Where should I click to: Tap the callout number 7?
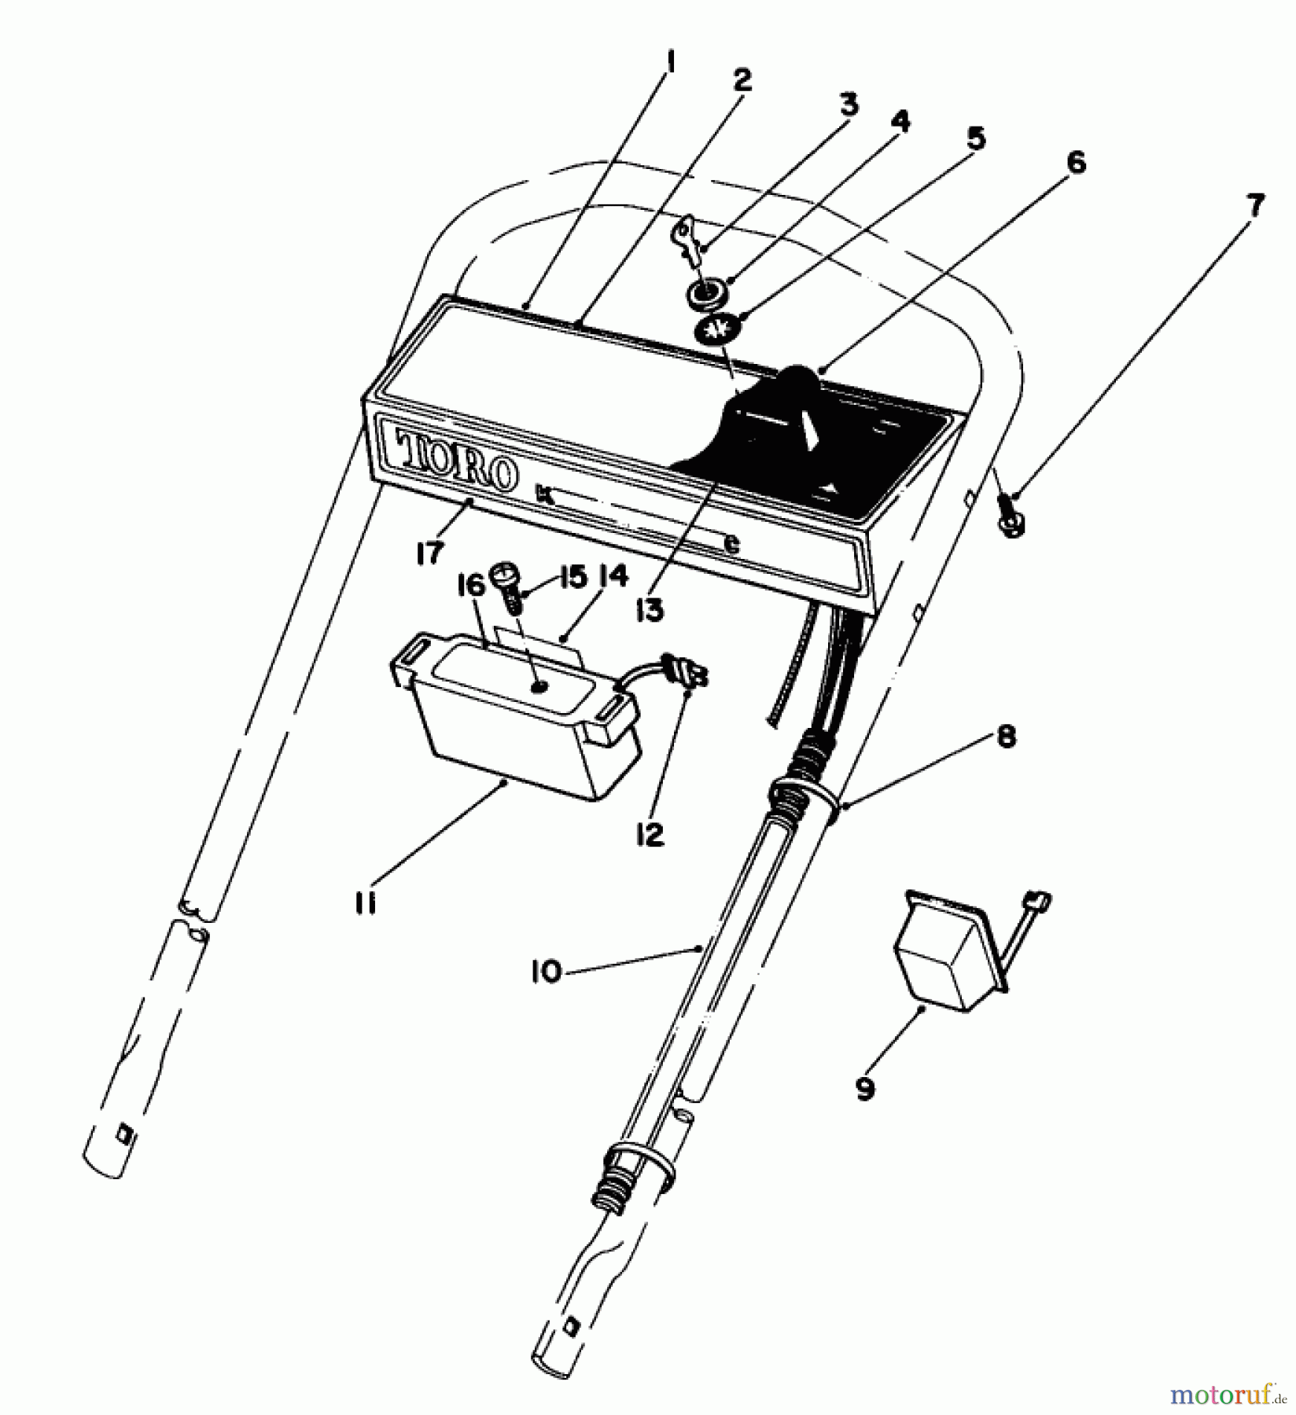click(1254, 206)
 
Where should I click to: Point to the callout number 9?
click(865, 1090)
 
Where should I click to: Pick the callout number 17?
click(432, 552)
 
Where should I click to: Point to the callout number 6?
click(1075, 164)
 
